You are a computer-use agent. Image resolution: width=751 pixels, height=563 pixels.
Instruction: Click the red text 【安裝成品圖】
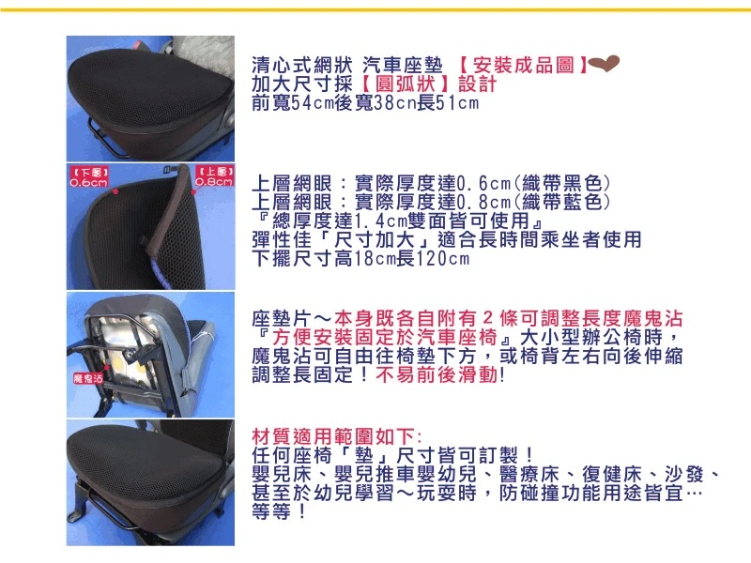pyautogui.click(x=522, y=67)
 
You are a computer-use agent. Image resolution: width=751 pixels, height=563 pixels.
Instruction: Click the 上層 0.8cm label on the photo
pyautogui.click(x=213, y=178)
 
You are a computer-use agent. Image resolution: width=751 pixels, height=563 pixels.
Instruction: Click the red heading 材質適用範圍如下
pyautogui.click(x=338, y=437)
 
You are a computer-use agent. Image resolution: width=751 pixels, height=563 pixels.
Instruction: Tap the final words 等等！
pyautogui.click(x=280, y=512)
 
